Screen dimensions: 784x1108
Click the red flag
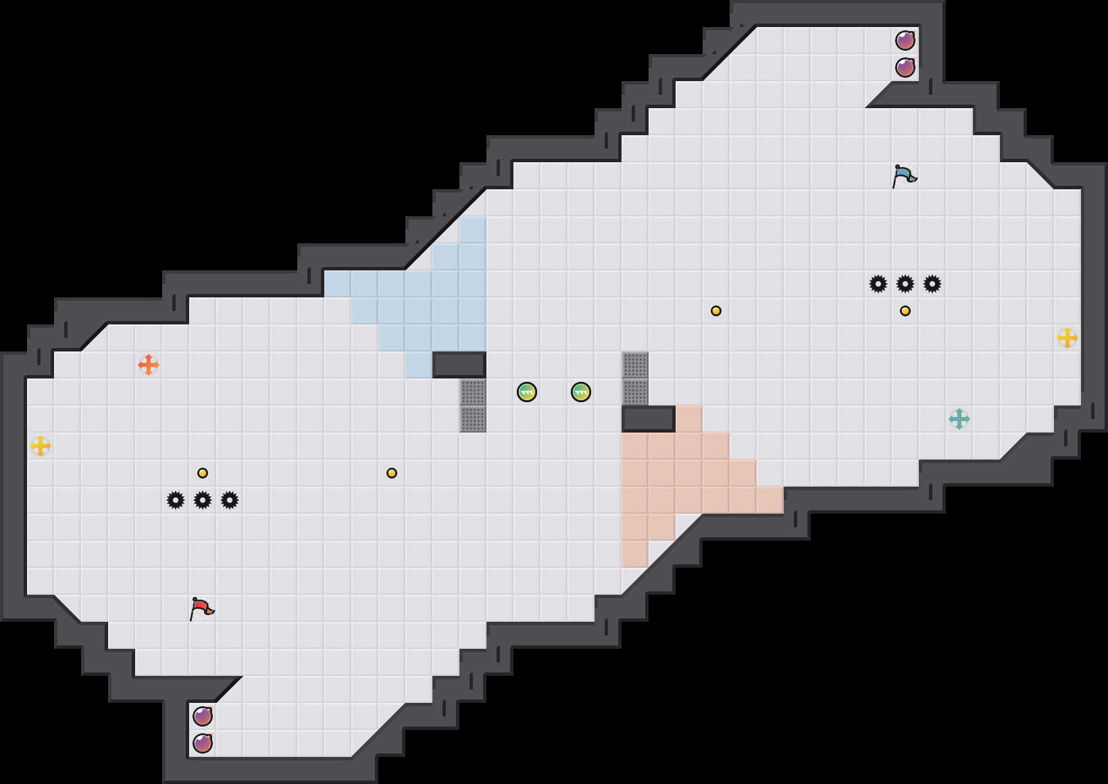(x=202, y=608)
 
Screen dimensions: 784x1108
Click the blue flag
(x=905, y=176)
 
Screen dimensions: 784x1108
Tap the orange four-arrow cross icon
(x=149, y=365)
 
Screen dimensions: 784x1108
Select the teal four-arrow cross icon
(x=959, y=419)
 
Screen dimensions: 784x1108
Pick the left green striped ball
(x=527, y=392)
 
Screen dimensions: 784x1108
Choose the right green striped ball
(x=581, y=392)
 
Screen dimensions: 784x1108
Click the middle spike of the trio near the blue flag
(x=905, y=284)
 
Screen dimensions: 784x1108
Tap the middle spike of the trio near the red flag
(x=203, y=500)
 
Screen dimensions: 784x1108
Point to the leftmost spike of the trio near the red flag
(x=176, y=500)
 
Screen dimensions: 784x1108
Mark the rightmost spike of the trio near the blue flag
(x=932, y=284)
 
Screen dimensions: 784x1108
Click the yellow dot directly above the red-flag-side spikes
(x=203, y=473)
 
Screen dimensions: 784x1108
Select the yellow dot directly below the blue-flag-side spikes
(x=905, y=311)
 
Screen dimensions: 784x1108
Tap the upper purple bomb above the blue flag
(x=905, y=41)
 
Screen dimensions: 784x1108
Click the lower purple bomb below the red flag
(x=203, y=743)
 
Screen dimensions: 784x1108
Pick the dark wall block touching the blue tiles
(x=459, y=365)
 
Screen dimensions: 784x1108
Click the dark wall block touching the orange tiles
(x=649, y=419)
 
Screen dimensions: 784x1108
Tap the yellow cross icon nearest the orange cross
(x=41, y=446)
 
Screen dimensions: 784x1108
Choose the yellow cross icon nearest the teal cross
(x=1067, y=338)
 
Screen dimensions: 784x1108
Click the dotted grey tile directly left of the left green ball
(x=473, y=392)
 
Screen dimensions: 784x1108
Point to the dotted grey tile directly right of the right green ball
(x=635, y=392)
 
